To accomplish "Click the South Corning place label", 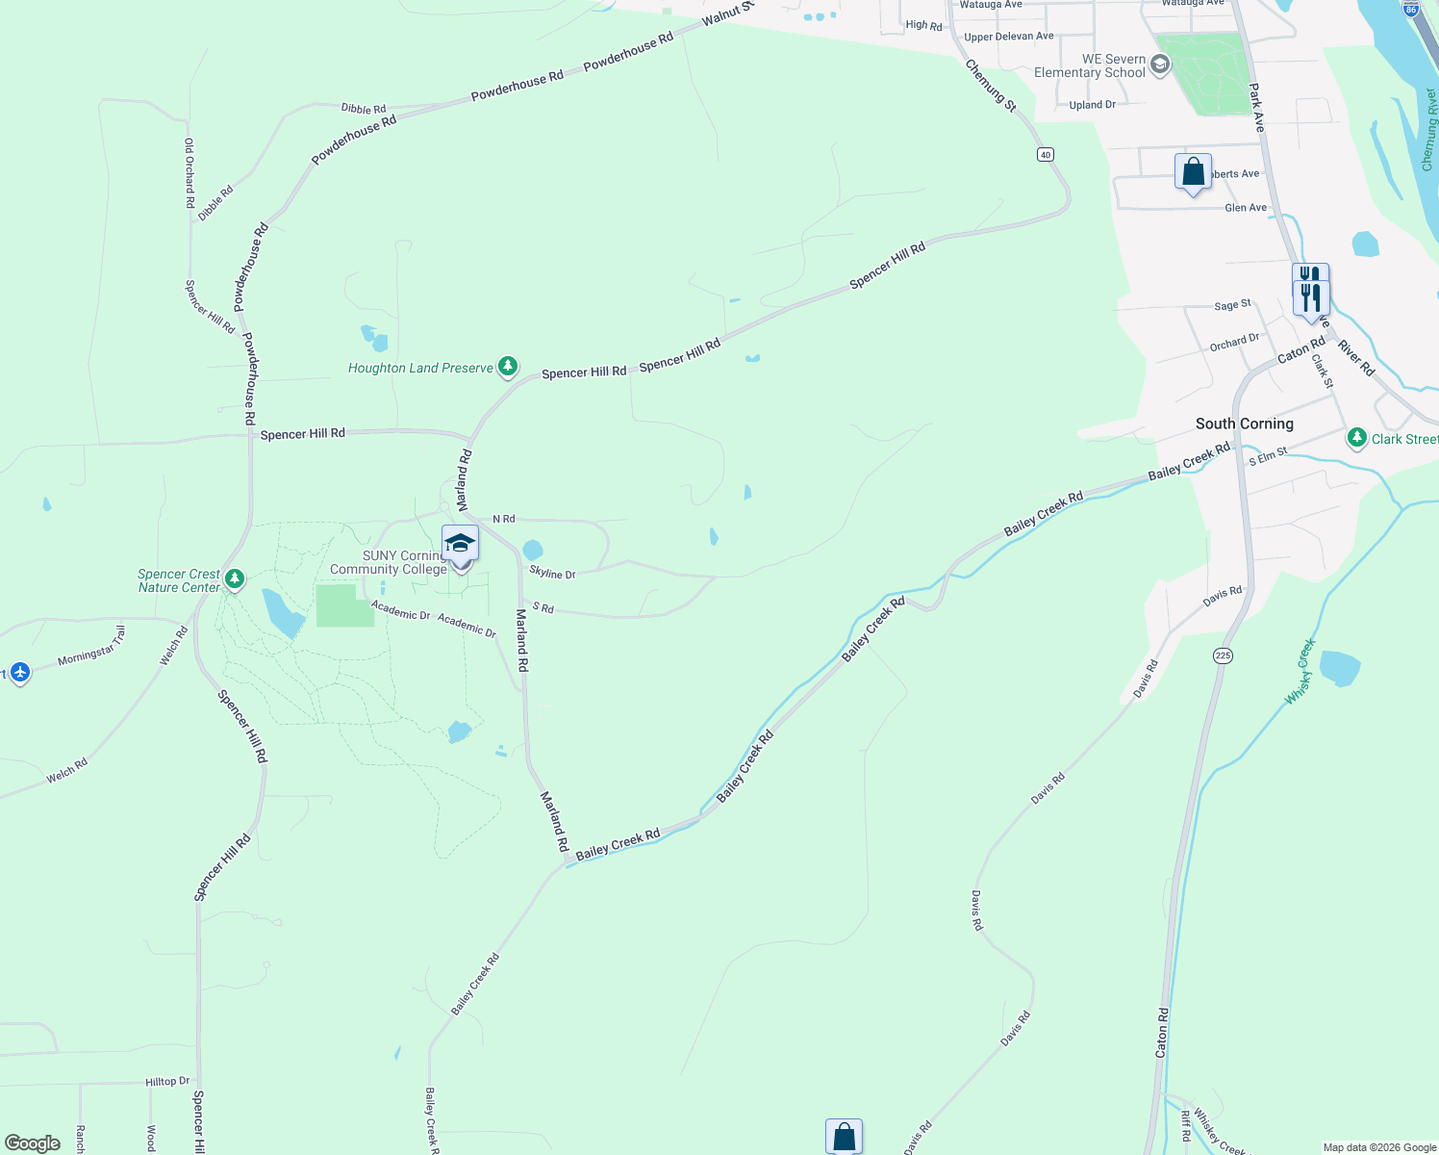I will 1244,423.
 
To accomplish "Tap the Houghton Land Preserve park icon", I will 508,367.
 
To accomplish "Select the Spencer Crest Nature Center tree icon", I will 235,579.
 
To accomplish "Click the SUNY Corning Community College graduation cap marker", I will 460,544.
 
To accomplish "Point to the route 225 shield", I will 1223,655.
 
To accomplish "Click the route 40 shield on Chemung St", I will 1046,154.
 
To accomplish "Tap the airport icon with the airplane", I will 20,672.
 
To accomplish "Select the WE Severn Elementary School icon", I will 1160,65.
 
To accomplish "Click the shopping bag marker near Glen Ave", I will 1193,172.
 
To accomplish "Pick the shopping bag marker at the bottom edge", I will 844,1137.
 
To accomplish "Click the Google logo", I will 33,1143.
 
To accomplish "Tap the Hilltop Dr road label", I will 167,1082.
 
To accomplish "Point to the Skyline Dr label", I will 552,574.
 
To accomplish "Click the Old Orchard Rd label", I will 189,173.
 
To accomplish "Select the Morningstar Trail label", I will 91,647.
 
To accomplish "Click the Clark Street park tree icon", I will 1357,438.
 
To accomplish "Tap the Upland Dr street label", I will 1092,105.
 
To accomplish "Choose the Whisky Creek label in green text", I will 1300,672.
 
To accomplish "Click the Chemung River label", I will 1429,130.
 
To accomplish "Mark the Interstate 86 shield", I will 1410,9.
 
